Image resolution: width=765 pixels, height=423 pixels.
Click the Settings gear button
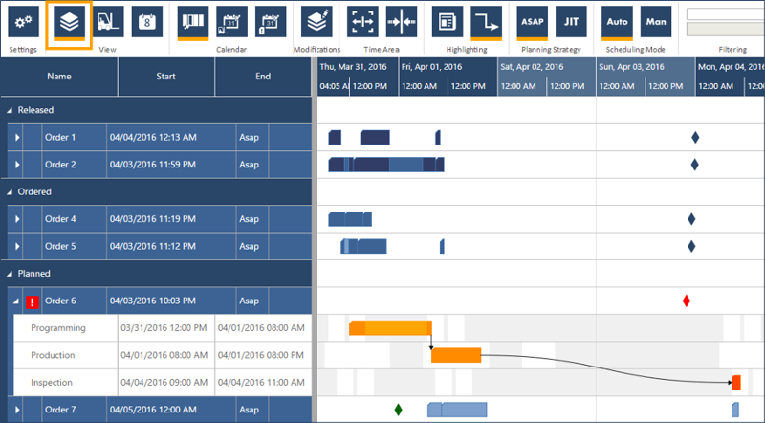[x=23, y=21]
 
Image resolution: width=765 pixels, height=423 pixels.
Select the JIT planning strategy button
[x=572, y=21]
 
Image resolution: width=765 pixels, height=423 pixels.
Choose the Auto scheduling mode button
[x=617, y=21]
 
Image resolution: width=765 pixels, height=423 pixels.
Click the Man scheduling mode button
[x=656, y=21]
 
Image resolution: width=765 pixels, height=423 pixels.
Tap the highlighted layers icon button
[x=68, y=21]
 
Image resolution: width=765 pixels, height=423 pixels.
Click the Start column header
[x=166, y=77]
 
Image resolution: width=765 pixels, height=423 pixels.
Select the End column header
[x=263, y=77]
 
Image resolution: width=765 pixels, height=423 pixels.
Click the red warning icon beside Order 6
[x=33, y=301]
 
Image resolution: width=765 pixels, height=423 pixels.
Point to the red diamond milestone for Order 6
[x=687, y=301]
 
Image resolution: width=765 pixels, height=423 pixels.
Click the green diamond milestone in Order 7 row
[x=399, y=410]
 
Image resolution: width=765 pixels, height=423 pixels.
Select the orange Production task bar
[x=456, y=355]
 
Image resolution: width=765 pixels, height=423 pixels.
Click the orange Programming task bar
[x=390, y=328]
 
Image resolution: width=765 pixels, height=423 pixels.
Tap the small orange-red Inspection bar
[x=736, y=382]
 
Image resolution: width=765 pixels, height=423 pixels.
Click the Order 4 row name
[x=60, y=219]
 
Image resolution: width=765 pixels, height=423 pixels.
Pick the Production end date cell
[x=261, y=355]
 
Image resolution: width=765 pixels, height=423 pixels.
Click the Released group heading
[x=36, y=110]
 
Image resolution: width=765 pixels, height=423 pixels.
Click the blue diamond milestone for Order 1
[x=695, y=137]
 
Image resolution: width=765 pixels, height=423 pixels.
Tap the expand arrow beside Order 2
[x=17, y=165]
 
